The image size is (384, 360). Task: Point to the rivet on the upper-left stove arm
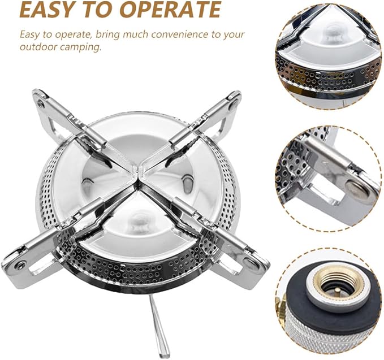pos(41,104)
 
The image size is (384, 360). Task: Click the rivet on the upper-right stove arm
pos(233,104)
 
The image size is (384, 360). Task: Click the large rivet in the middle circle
pos(356,188)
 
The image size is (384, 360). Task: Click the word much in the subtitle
pos(136,34)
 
